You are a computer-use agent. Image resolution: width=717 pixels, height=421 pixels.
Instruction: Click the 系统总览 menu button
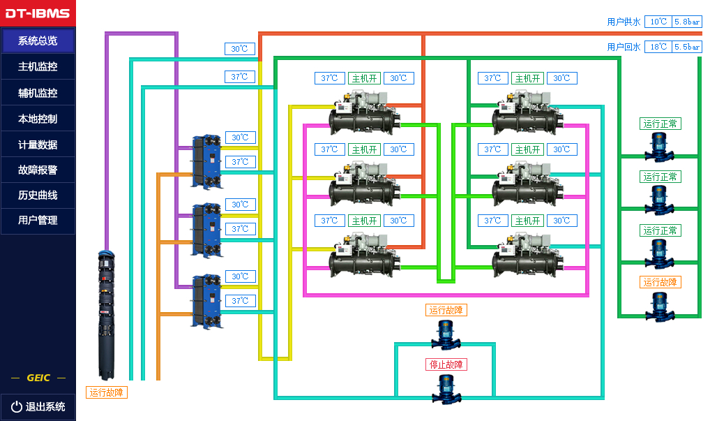38,40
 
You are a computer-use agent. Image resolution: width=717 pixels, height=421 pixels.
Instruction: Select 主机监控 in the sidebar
38,67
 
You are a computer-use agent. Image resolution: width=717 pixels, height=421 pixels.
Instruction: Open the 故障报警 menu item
38,169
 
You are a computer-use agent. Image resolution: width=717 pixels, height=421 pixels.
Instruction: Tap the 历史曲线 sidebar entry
38,195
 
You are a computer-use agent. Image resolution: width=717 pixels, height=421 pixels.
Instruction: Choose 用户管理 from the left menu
38,220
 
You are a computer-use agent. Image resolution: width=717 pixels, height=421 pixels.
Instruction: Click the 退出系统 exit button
38,406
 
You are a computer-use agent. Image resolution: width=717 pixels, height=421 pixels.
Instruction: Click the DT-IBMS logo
38,13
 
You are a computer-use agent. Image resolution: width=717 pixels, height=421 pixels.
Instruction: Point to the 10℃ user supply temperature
658,22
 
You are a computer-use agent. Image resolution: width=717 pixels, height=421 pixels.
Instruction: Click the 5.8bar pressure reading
687,22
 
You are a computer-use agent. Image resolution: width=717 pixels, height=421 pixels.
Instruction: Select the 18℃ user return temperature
658,47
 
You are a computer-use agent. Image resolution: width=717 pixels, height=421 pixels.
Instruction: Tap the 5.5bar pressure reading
687,47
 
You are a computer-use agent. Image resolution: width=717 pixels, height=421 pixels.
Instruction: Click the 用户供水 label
624,22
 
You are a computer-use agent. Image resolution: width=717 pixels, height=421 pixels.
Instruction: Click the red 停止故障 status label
446,364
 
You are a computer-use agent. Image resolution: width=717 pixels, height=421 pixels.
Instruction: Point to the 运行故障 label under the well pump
107,392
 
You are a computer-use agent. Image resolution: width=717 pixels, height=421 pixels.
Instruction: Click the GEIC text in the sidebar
38,378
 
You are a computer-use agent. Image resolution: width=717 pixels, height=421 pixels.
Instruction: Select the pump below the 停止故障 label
446,390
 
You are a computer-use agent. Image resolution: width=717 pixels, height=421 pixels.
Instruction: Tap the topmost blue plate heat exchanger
207,161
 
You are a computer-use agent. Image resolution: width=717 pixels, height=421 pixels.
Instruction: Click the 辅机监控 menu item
38,93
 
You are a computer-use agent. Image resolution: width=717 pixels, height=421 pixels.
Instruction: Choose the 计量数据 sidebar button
38,145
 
